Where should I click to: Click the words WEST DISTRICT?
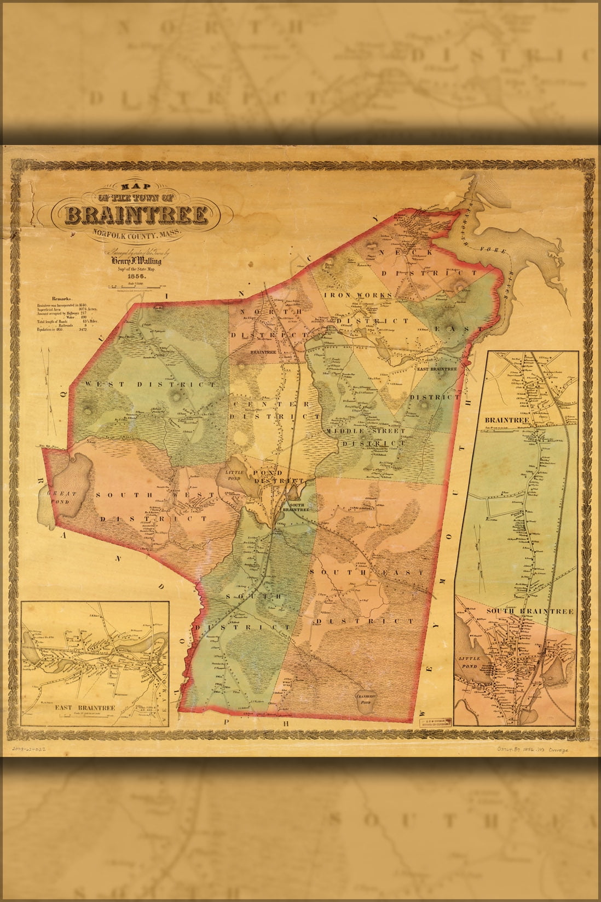[151, 385]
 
